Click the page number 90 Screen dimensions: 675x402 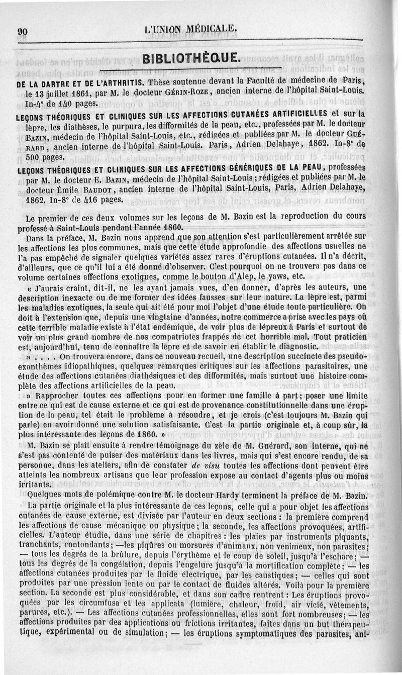[x=22, y=31]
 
